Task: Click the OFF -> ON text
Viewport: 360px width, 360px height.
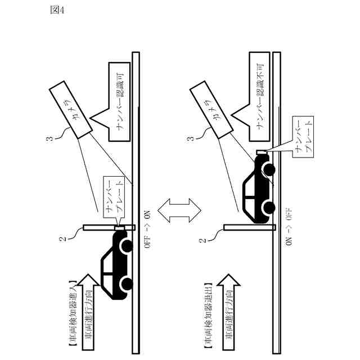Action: click(x=148, y=233)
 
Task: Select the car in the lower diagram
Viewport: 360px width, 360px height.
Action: click(x=258, y=186)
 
